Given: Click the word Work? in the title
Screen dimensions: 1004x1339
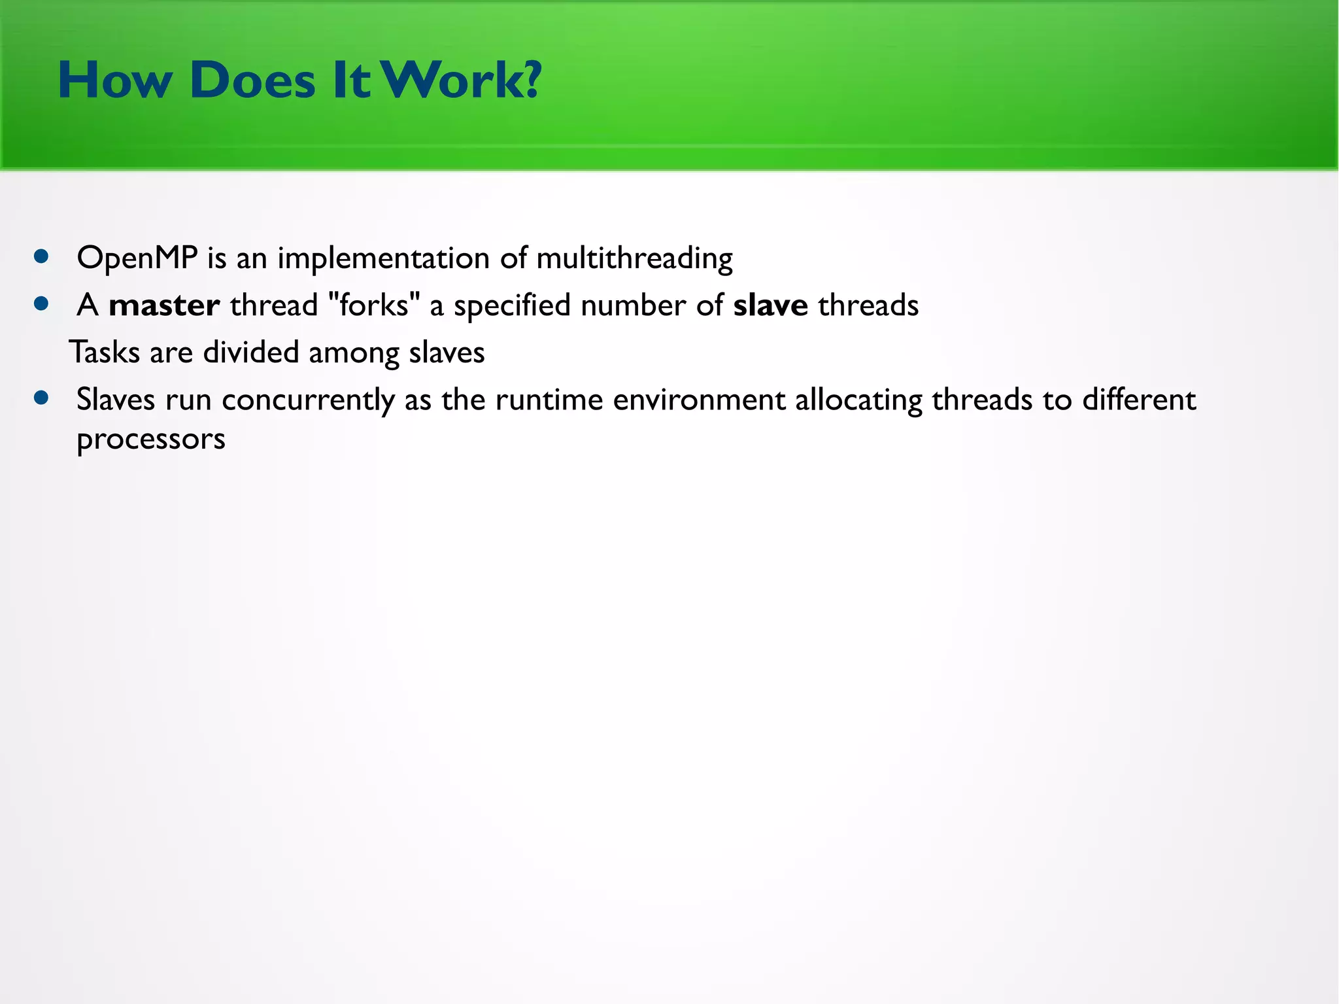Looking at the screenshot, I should point(462,80).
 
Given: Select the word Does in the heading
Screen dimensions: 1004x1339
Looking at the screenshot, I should point(252,80).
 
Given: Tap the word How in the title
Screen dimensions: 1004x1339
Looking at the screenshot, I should point(115,80).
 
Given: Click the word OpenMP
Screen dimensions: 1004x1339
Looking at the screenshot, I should point(137,258).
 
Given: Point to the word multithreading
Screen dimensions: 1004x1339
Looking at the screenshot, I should point(634,258).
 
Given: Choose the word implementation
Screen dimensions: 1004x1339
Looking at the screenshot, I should point(383,258).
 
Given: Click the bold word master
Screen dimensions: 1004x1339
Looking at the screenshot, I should point(163,305).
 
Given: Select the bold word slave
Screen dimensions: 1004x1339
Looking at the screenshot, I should point(770,305).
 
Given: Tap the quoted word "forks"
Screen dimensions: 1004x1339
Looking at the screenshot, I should point(373,305).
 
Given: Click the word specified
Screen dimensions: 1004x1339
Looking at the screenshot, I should point(512,305).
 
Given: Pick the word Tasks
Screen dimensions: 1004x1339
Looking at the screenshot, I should point(105,353).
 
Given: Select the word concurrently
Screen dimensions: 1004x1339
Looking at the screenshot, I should point(308,400).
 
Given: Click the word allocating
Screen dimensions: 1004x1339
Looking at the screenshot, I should point(858,400).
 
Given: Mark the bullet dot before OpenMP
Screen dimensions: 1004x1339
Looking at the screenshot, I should point(42,256).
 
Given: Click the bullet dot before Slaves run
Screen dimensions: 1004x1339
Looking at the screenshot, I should point(42,398).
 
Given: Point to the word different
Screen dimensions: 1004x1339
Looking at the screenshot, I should point(1138,400).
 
